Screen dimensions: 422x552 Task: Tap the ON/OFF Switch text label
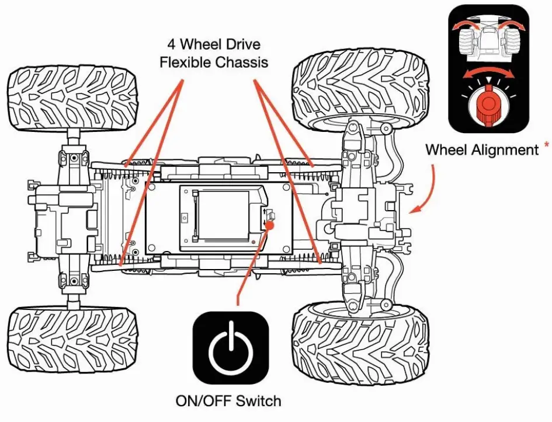coord(228,401)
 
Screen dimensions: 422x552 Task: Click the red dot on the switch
coord(270,225)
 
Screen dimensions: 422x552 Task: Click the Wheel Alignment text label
coord(481,149)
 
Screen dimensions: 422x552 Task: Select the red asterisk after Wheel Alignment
coord(546,144)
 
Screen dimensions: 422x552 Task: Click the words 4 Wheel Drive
coord(213,44)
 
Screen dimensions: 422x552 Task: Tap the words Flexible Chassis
coord(214,62)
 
